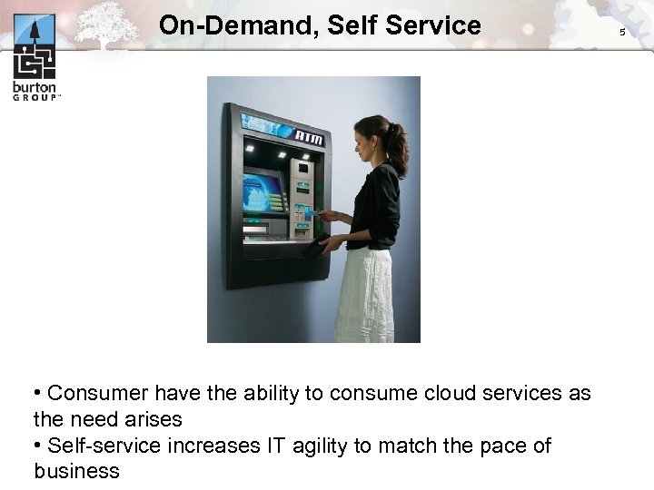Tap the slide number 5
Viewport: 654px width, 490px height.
pos(622,32)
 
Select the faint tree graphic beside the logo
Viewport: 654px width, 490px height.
pos(106,24)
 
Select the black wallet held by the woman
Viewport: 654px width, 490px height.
pos(314,246)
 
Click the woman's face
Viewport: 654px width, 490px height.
pos(362,140)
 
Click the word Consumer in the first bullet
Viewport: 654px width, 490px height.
pos(98,393)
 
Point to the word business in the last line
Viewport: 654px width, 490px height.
pos(77,471)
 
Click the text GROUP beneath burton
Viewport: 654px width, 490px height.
pos(35,96)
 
